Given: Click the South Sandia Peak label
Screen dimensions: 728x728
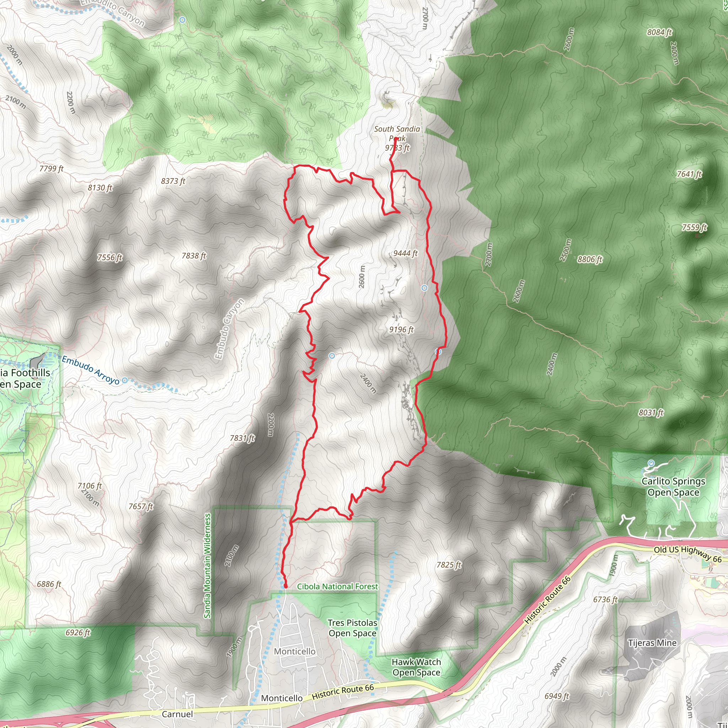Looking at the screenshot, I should click(x=397, y=138).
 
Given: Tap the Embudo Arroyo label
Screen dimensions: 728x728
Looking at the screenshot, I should click(x=90, y=370).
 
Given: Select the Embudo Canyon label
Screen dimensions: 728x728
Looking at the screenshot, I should click(x=230, y=328).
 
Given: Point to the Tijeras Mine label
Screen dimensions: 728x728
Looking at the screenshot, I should click(x=652, y=643).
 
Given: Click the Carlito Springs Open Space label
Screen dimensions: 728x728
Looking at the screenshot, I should click(x=673, y=487).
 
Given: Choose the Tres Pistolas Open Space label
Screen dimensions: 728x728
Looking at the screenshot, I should click(x=352, y=628).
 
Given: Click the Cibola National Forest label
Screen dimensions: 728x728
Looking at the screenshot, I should click(x=337, y=587).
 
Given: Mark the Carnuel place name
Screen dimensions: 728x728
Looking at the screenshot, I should click(x=177, y=714).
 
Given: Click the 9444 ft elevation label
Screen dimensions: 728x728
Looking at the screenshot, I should click(x=406, y=253).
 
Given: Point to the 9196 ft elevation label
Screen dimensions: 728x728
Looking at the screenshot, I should click(x=401, y=330).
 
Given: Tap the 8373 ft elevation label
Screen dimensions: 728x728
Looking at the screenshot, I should click(x=173, y=181).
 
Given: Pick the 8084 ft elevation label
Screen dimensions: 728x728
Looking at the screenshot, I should click(x=659, y=32).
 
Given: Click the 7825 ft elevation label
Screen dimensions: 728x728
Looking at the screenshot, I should click(x=449, y=565).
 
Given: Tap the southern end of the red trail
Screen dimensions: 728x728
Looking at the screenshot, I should click(x=285, y=587).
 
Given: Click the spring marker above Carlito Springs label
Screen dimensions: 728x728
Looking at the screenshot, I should click(x=652, y=463).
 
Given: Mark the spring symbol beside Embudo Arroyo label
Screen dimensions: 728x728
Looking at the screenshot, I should click(x=125, y=380).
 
